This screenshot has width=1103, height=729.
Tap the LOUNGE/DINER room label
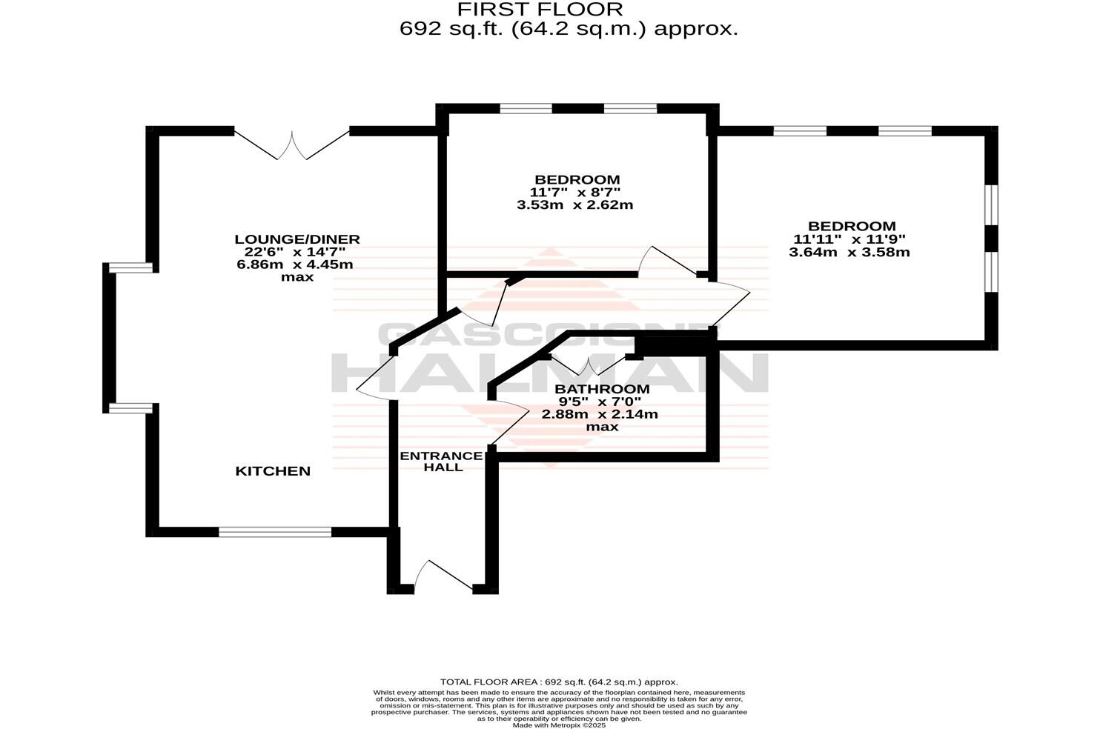(297, 239)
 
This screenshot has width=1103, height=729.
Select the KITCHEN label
(273, 471)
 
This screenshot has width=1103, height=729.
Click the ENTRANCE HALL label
(442, 462)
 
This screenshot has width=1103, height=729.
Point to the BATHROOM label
(602, 389)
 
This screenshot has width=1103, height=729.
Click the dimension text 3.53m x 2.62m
(574, 205)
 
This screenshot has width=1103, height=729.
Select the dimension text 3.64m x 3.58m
(849, 252)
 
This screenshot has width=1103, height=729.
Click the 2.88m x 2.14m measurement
(600, 414)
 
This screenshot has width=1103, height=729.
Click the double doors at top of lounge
(292, 146)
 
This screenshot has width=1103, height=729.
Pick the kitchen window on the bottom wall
(275, 531)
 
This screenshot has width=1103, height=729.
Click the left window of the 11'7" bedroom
(526, 109)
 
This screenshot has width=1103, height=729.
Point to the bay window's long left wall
(109, 337)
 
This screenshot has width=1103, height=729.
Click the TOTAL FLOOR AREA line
(559, 682)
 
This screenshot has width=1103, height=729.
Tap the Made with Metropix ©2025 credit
(559, 725)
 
